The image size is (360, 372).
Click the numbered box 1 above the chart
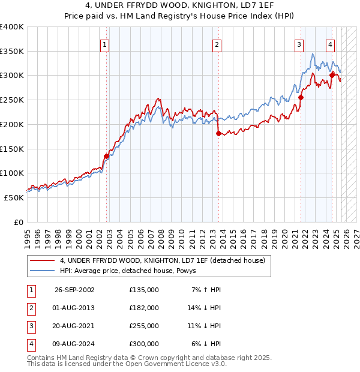click(x=104, y=44)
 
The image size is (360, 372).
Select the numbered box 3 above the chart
click(x=299, y=44)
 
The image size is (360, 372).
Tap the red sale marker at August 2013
click(x=218, y=133)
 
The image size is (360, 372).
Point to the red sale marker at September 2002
click(x=107, y=156)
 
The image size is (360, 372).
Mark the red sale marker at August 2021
click(x=301, y=97)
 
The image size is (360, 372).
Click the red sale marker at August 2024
click(x=332, y=75)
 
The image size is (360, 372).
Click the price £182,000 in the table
click(x=143, y=308)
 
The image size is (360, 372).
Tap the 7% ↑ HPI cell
click(x=206, y=290)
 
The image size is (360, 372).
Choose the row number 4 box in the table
click(x=30, y=344)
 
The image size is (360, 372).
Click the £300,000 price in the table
click(x=143, y=344)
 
